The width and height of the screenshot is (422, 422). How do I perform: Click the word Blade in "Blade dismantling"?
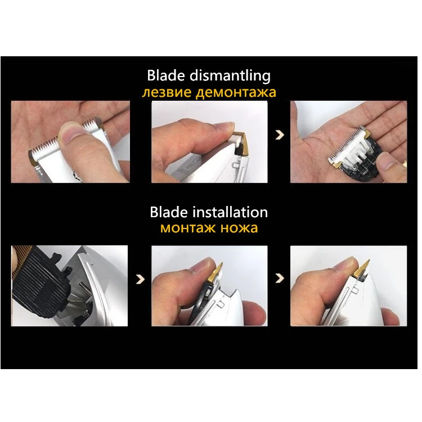point(166,75)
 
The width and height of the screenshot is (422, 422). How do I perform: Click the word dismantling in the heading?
point(230,76)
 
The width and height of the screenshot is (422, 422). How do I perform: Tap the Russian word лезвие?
point(167,92)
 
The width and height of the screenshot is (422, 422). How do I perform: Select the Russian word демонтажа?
point(236,93)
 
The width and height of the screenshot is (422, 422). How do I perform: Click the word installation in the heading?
point(230,212)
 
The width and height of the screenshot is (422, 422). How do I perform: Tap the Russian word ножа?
point(239,228)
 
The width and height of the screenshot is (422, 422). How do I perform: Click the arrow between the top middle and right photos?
point(280,135)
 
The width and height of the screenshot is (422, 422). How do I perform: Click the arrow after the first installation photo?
point(140,279)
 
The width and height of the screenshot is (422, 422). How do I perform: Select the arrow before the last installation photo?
point(280,279)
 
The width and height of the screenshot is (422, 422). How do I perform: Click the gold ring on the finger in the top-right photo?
point(404,165)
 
